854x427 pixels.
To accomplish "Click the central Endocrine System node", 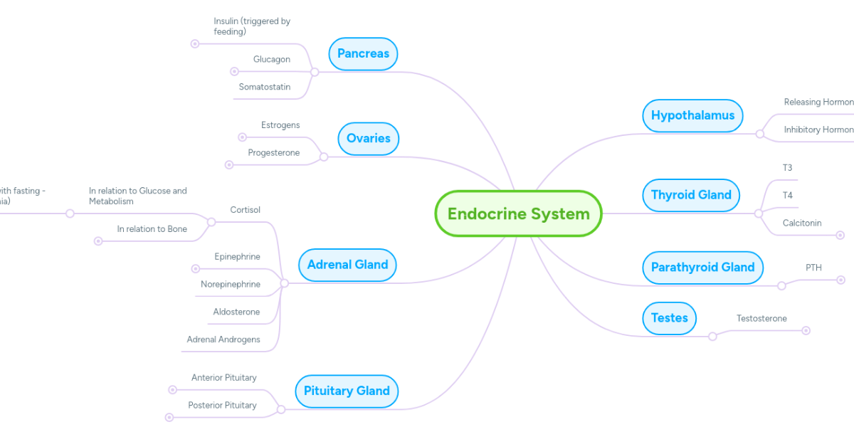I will [518, 213].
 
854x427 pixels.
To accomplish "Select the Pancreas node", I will [363, 54].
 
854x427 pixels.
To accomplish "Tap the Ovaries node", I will [368, 138].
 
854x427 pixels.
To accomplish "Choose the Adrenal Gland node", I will [347, 265].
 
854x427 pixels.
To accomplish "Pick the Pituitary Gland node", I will [347, 391].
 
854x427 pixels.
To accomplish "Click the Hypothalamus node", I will [692, 115].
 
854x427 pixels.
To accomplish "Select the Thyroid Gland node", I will [691, 195].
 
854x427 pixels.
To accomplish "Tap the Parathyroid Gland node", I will [702, 268].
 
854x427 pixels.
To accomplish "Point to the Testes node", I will [669, 318].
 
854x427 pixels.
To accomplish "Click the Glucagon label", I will [272, 60].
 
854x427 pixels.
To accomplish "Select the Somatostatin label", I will [265, 87].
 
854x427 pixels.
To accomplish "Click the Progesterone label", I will [274, 153].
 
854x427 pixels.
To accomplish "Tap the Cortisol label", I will [246, 210].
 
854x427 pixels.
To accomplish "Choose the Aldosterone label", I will [237, 312].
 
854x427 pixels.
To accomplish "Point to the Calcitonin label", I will [802, 223].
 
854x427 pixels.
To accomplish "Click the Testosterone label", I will [761, 319].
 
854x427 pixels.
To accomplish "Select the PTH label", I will [813, 268].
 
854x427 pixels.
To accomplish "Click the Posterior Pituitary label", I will [223, 406].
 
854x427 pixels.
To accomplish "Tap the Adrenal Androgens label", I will [223, 339].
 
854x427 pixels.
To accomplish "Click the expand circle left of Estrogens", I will [242, 137].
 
